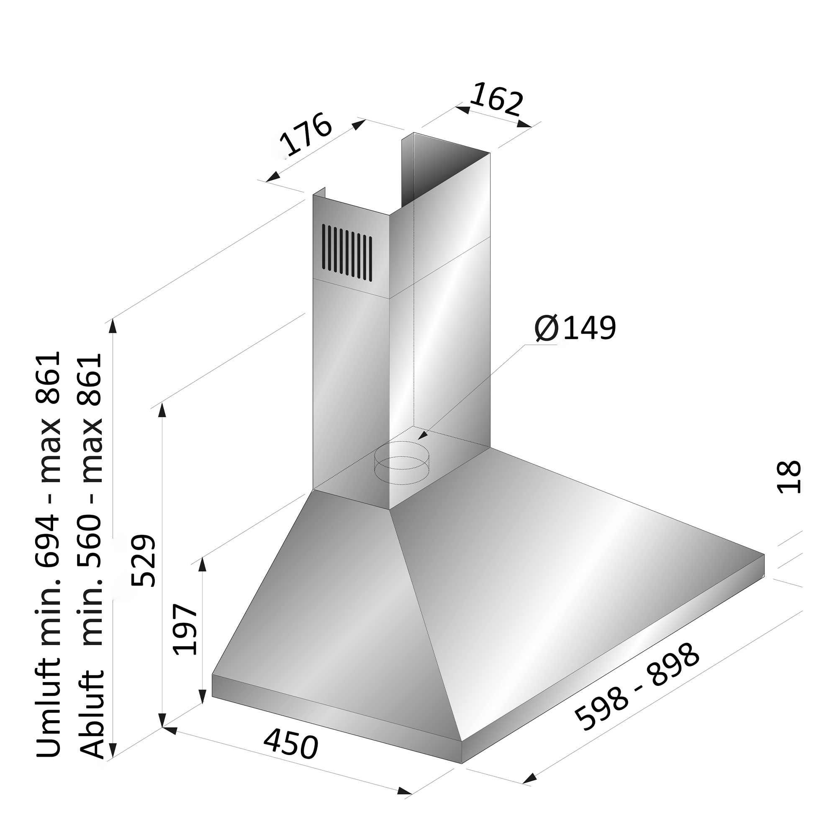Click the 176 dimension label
tap(306, 134)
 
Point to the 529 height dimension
tap(144, 561)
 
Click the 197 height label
tap(185, 629)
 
